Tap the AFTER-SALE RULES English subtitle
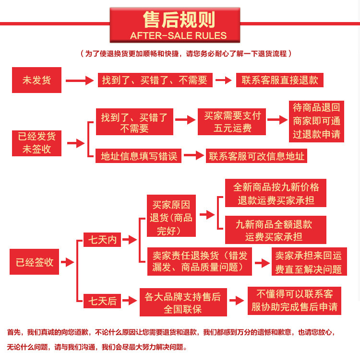pyautogui.click(x=179, y=36)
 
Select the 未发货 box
pyautogui.click(x=37, y=80)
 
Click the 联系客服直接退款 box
pyautogui.click(x=280, y=80)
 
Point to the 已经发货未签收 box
pyautogui.click(x=37, y=142)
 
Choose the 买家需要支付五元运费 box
pyautogui.click(x=233, y=122)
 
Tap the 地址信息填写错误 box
pyautogui.click(x=139, y=156)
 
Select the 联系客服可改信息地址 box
pyautogui.click(x=257, y=156)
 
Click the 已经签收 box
pyautogui.click(x=35, y=262)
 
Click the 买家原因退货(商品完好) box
pyautogui.click(x=171, y=218)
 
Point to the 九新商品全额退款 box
pyautogui.click(x=274, y=230)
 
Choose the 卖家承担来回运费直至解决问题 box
pyautogui.click(x=309, y=262)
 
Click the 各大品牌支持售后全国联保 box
pyautogui.click(x=182, y=303)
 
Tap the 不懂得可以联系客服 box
pyautogui.click(x=295, y=300)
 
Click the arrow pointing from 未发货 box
pyautogui.click(x=80, y=81)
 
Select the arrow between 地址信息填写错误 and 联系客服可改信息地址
pyautogui.click(x=194, y=156)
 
